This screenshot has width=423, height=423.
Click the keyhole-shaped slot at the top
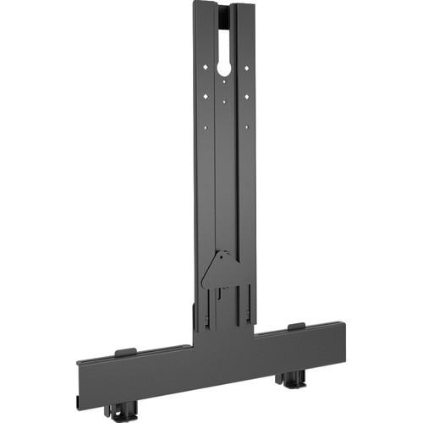coord(224,59)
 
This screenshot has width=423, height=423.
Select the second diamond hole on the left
coord(206,96)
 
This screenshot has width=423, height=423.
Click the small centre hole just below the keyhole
coord(224,83)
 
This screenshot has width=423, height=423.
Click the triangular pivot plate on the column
coord(219,271)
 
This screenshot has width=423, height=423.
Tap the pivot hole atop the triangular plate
coord(222,255)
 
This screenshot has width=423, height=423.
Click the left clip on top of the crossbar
coord(125,352)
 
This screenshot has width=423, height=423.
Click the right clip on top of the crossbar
coord(295,327)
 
